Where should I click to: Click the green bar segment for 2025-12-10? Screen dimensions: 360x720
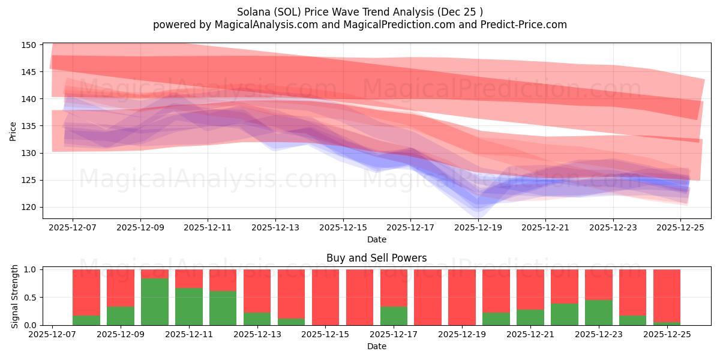click(x=154, y=302)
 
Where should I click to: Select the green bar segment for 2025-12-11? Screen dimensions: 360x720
click(x=188, y=307)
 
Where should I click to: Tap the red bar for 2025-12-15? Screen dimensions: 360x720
click(x=325, y=297)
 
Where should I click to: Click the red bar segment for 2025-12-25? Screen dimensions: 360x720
click(x=667, y=295)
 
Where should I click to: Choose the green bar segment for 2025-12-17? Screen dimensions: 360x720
click(x=394, y=316)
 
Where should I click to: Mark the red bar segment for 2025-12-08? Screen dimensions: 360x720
click(x=86, y=292)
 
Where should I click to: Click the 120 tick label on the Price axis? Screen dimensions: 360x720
click(x=30, y=208)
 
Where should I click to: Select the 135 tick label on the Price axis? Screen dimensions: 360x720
click(x=30, y=126)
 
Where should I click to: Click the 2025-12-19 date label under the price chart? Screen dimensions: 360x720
click(x=478, y=228)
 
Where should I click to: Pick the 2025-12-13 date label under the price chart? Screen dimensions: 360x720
click(x=275, y=228)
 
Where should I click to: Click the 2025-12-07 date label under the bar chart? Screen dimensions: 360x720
click(x=53, y=335)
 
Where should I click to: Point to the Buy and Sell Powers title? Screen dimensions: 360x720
click(x=376, y=258)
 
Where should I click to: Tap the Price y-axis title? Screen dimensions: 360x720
click(x=13, y=131)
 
